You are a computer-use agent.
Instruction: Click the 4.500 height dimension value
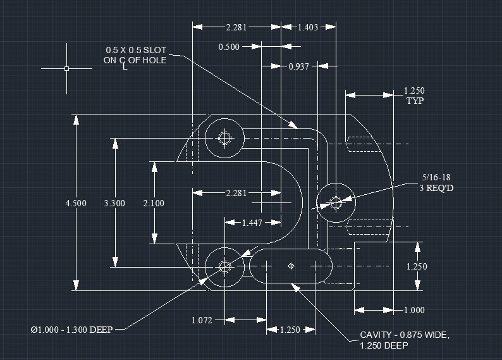pyautogui.click(x=76, y=203)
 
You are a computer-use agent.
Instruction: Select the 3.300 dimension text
pyautogui.click(x=114, y=203)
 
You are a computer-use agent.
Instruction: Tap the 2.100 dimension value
pyautogui.click(x=154, y=203)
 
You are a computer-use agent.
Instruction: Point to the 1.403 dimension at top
pyautogui.click(x=308, y=27)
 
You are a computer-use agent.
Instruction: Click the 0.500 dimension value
pyautogui.click(x=229, y=47)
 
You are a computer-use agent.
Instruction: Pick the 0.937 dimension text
pyautogui.click(x=299, y=66)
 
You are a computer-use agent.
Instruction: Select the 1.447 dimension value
pyautogui.click(x=253, y=223)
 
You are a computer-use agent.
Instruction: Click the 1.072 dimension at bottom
pyautogui.click(x=202, y=320)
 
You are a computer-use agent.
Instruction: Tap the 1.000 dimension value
pyautogui.click(x=414, y=310)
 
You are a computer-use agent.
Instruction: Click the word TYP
pyautogui.click(x=415, y=101)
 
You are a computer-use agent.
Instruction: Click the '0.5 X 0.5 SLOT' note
pyautogui.click(x=136, y=50)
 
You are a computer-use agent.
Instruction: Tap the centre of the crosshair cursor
pyautogui.click(x=66, y=68)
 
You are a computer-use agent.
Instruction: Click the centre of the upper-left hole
pyautogui.click(x=224, y=138)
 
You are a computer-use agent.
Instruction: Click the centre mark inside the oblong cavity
pyautogui.click(x=291, y=266)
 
